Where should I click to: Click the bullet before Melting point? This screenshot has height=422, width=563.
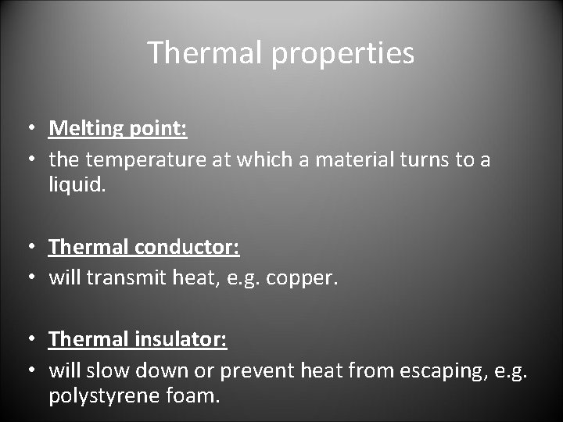click(x=28, y=129)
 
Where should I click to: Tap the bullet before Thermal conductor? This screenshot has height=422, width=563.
click(x=28, y=248)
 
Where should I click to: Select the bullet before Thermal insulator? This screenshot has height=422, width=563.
click(x=28, y=339)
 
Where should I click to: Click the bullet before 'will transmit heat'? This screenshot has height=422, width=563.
click(x=28, y=278)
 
